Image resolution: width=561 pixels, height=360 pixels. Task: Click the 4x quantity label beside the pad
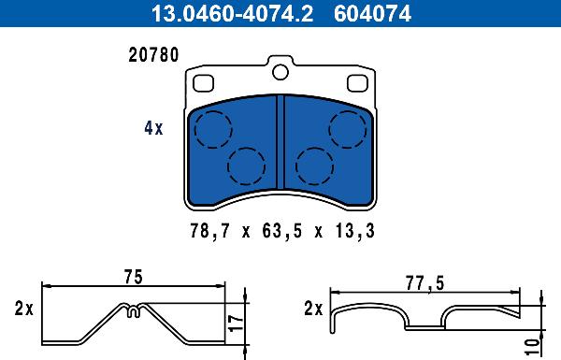(x=152, y=129)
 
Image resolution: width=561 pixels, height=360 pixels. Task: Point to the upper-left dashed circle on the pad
(x=213, y=126)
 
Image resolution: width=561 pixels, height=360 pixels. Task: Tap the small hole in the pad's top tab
(x=280, y=72)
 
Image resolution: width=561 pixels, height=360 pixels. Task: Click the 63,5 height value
(x=280, y=230)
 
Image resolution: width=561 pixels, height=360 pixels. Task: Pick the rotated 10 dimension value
(x=532, y=343)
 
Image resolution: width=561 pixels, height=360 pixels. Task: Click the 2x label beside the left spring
(x=23, y=309)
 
